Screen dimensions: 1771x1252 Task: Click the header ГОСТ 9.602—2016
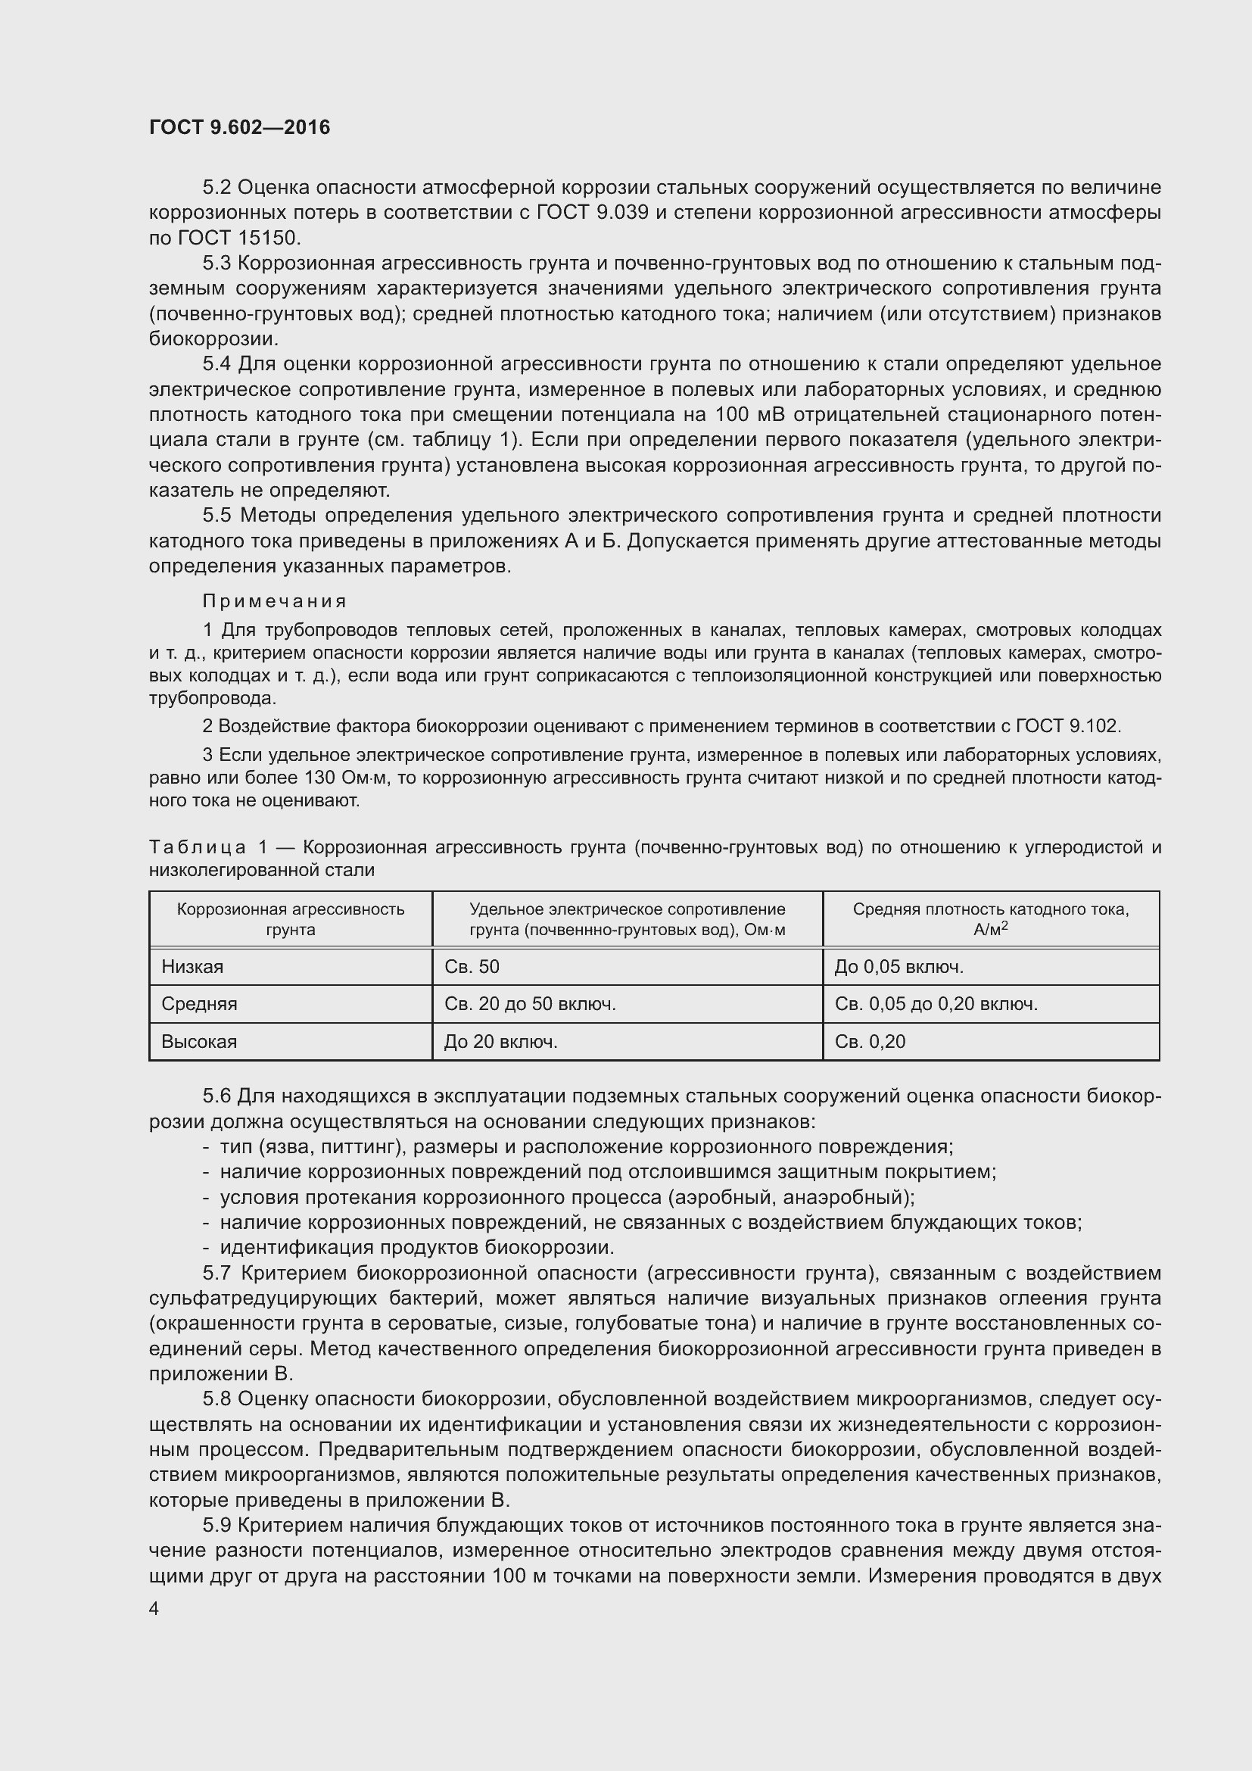[x=239, y=127]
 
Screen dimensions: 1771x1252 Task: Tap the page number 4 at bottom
[x=154, y=1609]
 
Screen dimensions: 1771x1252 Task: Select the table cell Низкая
[x=193, y=966]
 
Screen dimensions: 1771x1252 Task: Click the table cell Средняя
[x=199, y=1004]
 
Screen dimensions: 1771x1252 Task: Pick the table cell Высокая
[x=199, y=1042]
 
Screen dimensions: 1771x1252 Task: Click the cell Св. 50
[x=472, y=966]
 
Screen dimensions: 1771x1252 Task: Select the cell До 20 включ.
[x=500, y=1042]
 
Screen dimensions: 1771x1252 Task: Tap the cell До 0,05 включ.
[x=899, y=966]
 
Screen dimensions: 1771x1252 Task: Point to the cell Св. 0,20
[x=870, y=1042]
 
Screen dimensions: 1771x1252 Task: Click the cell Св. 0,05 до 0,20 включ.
[x=936, y=1004]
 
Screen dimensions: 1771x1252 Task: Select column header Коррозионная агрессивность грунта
[x=291, y=918]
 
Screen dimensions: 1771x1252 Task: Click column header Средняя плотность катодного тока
[x=991, y=918]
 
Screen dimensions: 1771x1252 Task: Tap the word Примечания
[x=275, y=601]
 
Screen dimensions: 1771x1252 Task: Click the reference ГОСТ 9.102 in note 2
[x=1068, y=726]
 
